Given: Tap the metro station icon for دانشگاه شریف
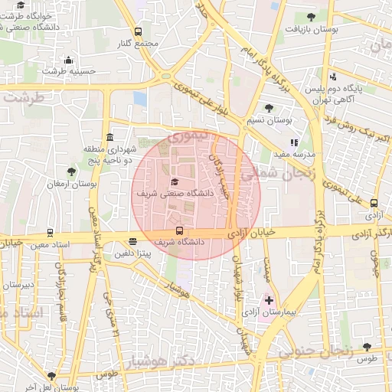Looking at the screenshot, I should pos(179,230).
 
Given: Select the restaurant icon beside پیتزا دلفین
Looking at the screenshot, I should pos(133,240).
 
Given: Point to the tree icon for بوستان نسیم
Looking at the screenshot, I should pos(268,108).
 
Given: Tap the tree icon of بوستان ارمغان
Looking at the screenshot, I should pos(71,171).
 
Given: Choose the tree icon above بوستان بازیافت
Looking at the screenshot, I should pos(311,17).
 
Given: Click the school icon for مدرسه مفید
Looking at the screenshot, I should pos(293,142).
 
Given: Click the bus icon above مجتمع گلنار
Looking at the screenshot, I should pos(138,31).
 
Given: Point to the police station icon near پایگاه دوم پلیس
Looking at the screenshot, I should pos(332,76).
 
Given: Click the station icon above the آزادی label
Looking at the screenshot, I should pos(374,203).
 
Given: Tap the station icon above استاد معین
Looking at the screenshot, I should pos(51,232).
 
